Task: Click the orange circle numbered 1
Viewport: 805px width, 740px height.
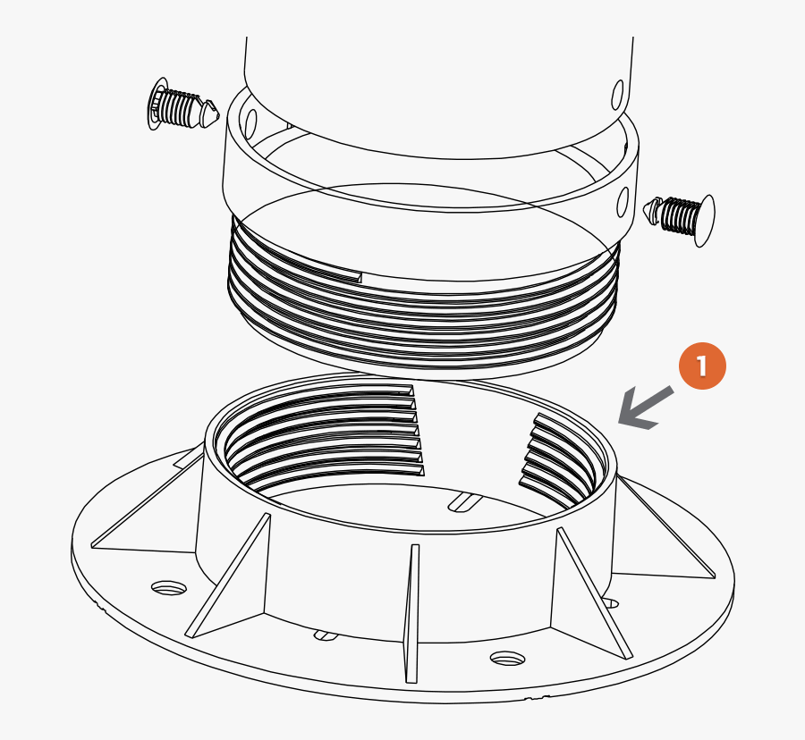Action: (x=702, y=366)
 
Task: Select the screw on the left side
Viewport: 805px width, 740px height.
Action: (x=182, y=106)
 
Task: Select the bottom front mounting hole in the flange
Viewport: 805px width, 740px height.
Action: (x=506, y=659)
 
